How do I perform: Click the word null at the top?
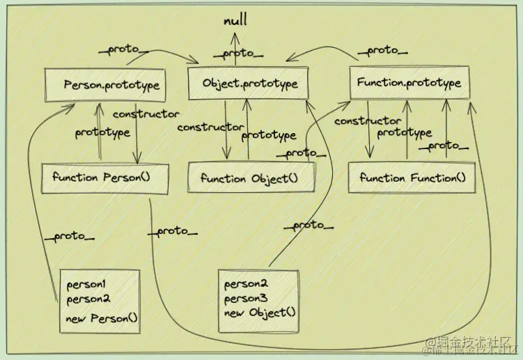pyautogui.click(x=235, y=22)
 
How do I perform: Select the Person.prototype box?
pyautogui.click(x=112, y=85)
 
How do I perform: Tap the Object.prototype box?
pyautogui.click(x=250, y=84)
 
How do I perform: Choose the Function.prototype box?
pyautogui.click(x=409, y=83)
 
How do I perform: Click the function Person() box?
pyautogui.click(x=104, y=177)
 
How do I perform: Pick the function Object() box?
pyautogui.click(x=249, y=178)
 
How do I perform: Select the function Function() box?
pyautogui.click(x=412, y=178)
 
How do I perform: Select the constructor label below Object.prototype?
pyautogui.click(x=210, y=127)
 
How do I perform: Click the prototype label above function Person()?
pyautogui.click(x=102, y=132)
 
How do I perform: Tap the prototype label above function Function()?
pyautogui.click(x=404, y=132)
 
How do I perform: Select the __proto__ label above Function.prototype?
pyautogui.click(x=382, y=50)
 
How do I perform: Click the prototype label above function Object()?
pyautogui.click(x=269, y=135)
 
